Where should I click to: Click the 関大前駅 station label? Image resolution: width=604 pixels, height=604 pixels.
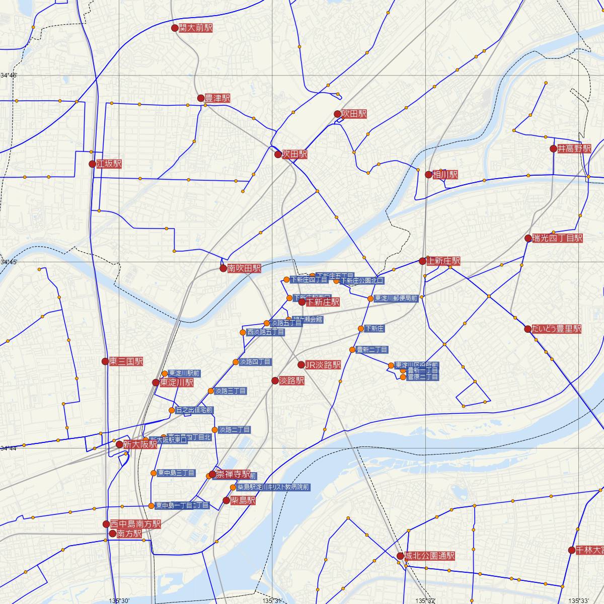point(195,28)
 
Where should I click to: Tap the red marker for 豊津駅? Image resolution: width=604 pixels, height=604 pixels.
point(201,98)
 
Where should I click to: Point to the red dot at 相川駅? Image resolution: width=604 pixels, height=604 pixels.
point(428,175)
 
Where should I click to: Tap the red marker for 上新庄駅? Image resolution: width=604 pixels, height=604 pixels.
point(422,261)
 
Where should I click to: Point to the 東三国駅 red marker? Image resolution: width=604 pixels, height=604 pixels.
point(105,361)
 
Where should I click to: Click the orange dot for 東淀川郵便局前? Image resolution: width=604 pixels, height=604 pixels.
point(370,298)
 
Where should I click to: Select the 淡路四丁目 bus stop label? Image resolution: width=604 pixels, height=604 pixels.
point(255,362)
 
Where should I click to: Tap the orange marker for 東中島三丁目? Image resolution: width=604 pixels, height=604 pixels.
point(154,473)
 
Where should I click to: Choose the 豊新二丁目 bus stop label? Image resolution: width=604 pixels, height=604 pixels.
point(372,350)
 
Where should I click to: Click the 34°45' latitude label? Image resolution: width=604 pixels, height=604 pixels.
point(9,262)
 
